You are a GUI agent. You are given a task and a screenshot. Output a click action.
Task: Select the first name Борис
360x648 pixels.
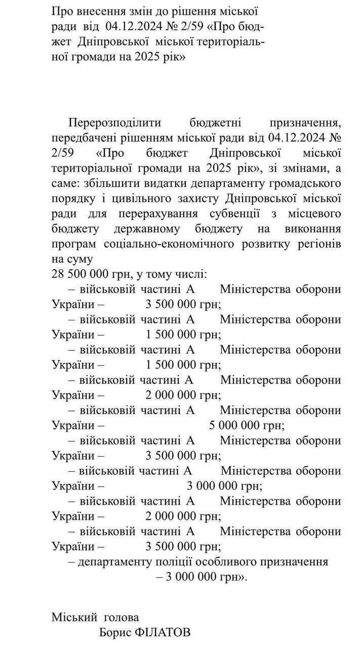(116, 632)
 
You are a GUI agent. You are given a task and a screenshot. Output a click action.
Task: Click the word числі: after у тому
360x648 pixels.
(189, 274)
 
